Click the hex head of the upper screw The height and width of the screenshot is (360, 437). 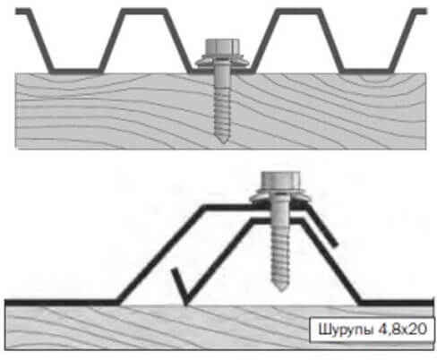(x=222, y=47)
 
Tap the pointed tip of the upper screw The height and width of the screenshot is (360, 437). (x=222, y=141)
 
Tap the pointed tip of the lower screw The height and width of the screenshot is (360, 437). (x=280, y=289)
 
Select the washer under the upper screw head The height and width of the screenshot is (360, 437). (x=222, y=62)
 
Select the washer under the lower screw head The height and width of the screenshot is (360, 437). (x=280, y=198)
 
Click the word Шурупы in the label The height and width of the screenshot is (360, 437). (x=346, y=330)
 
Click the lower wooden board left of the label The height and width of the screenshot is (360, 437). (x=150, y=328)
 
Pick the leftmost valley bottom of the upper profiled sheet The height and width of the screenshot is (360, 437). (x=77, y=71)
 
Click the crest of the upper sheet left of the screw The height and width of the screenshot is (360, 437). (x=143, y=11)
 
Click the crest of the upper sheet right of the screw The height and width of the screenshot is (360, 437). (x=298, y=11)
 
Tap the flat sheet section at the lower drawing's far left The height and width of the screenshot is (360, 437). (x=61, y=302)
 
